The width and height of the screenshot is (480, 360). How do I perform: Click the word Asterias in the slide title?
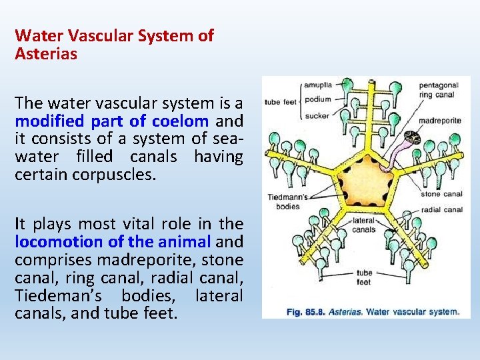(x=46, y=54)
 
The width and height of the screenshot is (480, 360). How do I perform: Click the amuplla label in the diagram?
(x=319, y=85)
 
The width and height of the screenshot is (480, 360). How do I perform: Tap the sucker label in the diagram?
(x=317, y=116)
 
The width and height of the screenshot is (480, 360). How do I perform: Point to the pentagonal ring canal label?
(x=439, y=90)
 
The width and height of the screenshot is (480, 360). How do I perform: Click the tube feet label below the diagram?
(x=364, y=277)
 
